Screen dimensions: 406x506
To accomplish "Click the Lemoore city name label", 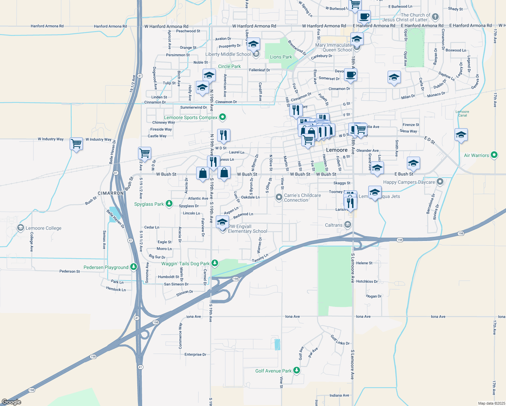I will (337, 150).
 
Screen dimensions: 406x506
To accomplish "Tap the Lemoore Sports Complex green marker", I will (223, 117).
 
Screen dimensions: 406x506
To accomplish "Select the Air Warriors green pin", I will (494, 155).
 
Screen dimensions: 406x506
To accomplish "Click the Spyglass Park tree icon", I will (169, 204).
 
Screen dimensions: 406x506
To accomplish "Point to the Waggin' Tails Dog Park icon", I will (214, 263).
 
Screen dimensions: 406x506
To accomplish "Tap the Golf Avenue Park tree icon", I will (297, 370).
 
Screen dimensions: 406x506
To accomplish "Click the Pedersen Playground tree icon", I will (134, 267).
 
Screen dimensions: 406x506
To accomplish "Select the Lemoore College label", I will (44, 228).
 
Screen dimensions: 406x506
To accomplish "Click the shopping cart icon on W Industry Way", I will (76, 143).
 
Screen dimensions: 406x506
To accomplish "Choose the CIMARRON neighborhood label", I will (111, 193).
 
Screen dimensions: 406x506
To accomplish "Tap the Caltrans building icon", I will (347, 225).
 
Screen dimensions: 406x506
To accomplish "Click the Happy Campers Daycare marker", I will (440, 182).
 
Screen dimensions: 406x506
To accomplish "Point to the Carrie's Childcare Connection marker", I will (279, 197).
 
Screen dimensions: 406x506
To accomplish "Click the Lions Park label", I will (281, 57).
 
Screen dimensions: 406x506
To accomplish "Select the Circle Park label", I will (229, 66).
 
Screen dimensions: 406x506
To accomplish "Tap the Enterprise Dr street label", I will (195, 355).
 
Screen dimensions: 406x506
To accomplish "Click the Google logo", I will (11, 402).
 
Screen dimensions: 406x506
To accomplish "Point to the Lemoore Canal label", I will (462, 113).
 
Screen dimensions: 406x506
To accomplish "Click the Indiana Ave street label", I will (339, 395).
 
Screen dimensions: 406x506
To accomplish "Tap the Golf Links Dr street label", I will (340, 340).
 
